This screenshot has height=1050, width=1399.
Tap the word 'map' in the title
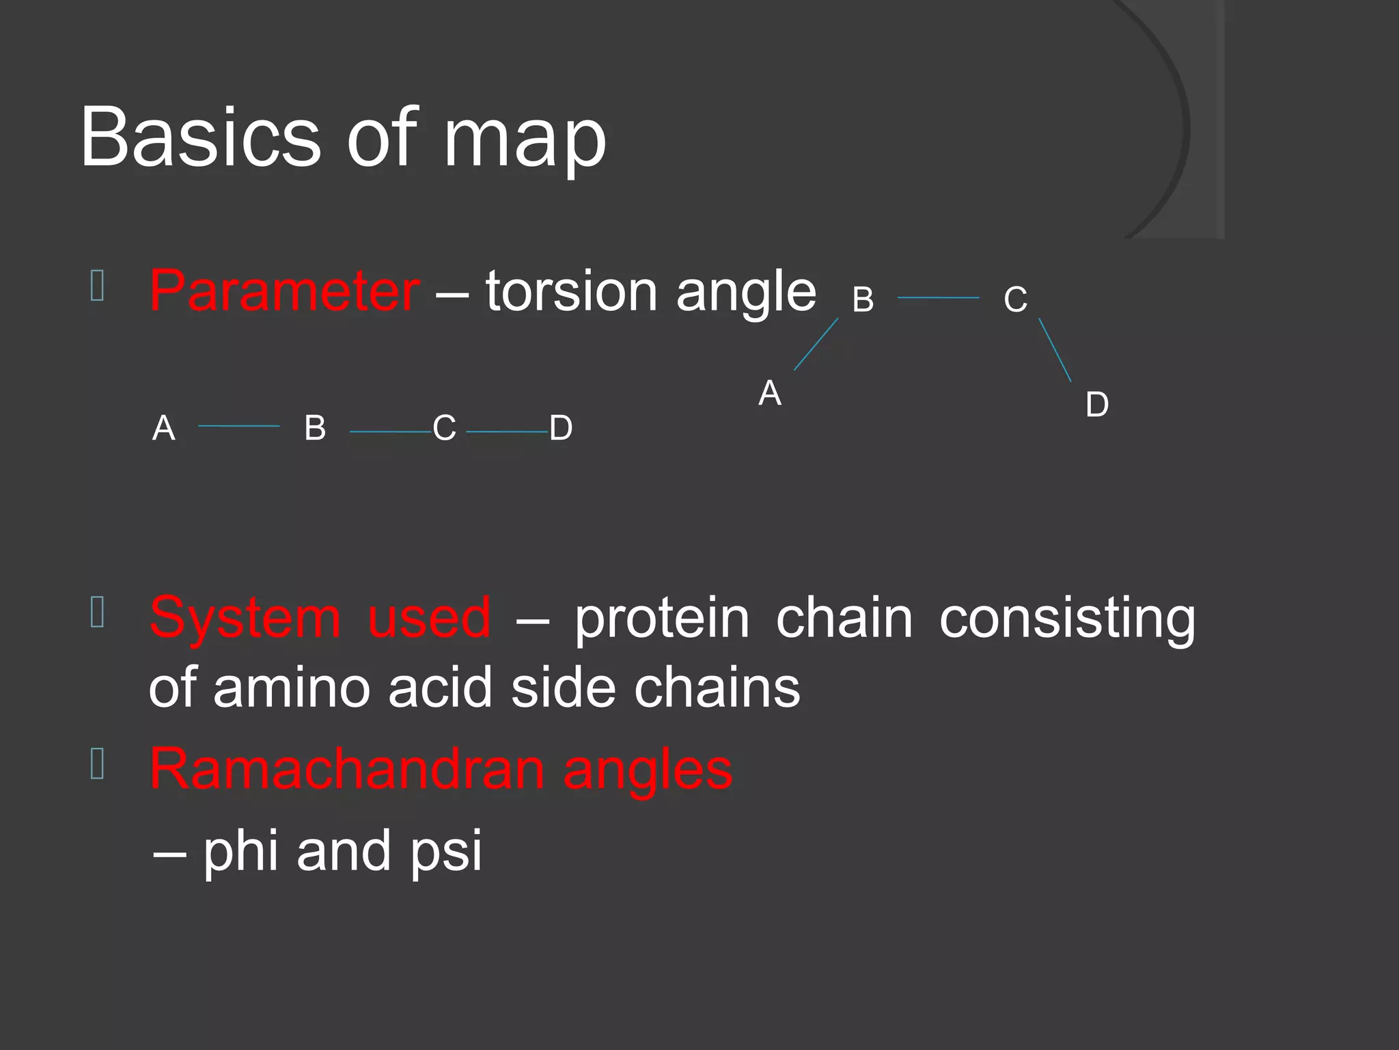(x=525, y=140)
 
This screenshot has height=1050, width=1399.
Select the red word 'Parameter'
(x=284, y=291)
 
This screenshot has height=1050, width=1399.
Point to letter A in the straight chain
(x=164, y=429)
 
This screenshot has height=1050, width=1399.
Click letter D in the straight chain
(x=561, y=429)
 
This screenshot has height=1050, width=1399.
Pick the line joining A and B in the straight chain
(x=238, y=426)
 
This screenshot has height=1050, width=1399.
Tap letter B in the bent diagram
(x=863, y=299)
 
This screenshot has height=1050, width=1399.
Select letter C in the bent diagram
(x=1015, y=299)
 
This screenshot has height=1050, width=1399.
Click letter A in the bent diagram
(x=770, y=393)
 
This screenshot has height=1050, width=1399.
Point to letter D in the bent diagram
(x=1097, y=405)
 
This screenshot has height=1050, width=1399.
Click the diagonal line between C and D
(x=1055, y=350)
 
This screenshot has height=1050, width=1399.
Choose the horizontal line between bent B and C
(x=938, y=298)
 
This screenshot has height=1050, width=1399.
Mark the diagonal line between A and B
(x=816, y=344)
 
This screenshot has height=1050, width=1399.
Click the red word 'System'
(x=245, y=618)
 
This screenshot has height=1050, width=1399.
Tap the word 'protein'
(x=661, y=618)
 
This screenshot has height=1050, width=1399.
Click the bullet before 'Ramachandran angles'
(x=97, y=764)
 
